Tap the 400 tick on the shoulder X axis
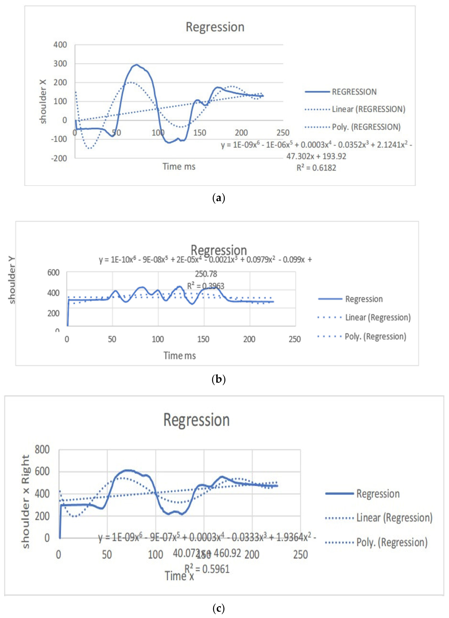[60, 45]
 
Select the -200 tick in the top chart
[59, 158]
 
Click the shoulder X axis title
[43, 101]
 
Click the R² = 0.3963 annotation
[206, 286]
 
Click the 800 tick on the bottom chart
[42, 450]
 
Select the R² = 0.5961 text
[207, 569]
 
